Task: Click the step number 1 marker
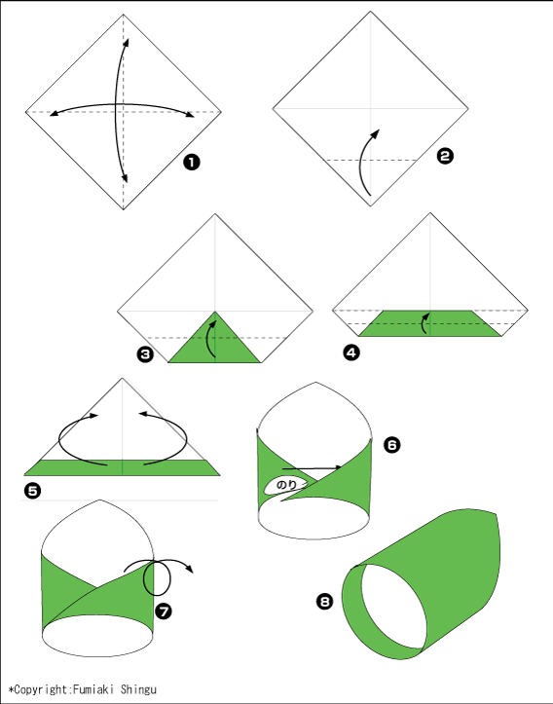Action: (x=191, y=162)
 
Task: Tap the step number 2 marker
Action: (x=445, y=156)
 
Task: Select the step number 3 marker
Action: (x=145, y=354)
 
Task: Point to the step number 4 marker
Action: (x=351, y=352)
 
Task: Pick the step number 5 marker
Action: (x=32, y=491)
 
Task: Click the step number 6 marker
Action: (x=391, y=445)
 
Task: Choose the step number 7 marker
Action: (x=164, y=611)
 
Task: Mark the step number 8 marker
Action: (x=324, y=601)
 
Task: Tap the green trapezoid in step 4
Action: (x=429, y=323)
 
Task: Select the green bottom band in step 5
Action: (x=122, y=467)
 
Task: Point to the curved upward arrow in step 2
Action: (x=365, y=163)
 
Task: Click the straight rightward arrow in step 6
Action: (x=312, y=468)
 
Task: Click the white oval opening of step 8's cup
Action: (x=394, y=606)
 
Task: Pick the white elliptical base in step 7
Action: (x=97, y=636)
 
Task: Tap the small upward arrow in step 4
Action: (x=424, y=323)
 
